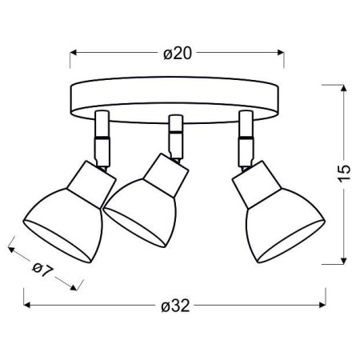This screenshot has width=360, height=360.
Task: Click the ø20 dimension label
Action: click(176, 54)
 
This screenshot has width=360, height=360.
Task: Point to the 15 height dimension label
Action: click(345, 173)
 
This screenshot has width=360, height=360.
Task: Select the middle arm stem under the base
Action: click(174, 132)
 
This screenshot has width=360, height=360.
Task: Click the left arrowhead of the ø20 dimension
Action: click(74, 54)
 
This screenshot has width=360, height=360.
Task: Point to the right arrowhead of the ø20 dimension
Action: click(281, 54)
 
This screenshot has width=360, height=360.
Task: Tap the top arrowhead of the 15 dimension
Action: click(345, 84)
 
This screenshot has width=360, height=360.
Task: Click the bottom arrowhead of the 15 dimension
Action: click(345, 260)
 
